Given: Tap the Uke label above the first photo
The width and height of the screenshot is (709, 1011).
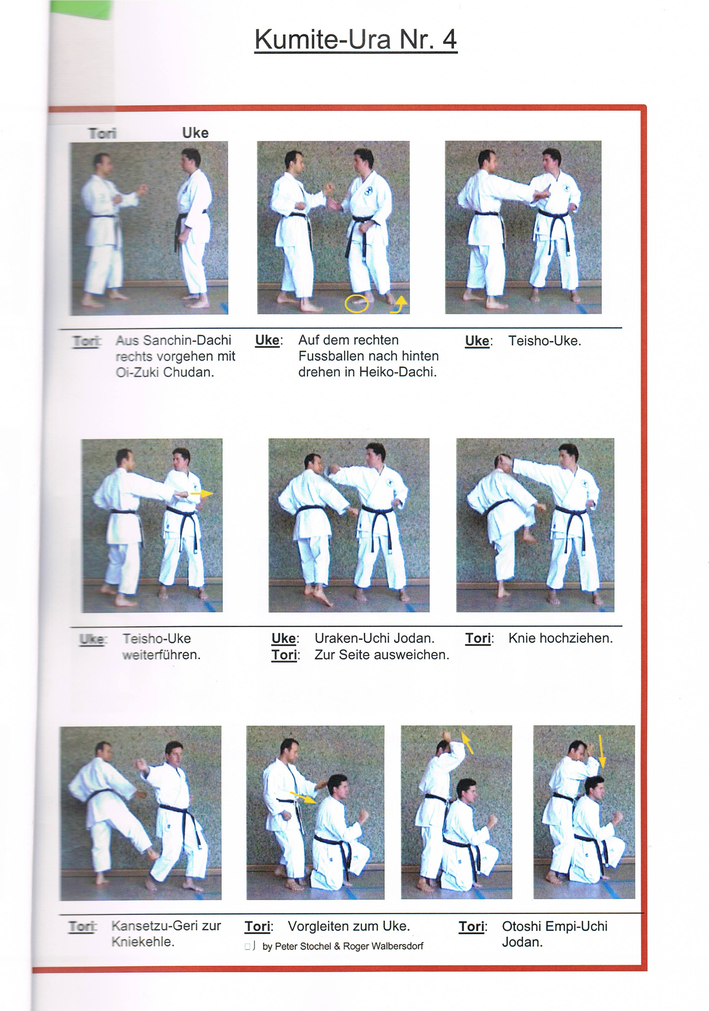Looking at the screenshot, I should (x=195, y=133).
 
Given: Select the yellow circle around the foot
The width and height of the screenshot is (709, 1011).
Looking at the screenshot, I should (x=356, y=303).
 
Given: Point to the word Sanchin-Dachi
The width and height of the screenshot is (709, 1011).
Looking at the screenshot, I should (x=187, y=340).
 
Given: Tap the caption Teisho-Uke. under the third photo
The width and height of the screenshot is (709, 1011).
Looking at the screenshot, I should (x=545, y=341).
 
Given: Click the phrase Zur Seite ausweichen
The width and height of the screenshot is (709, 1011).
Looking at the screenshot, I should (x=382, y=655).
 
